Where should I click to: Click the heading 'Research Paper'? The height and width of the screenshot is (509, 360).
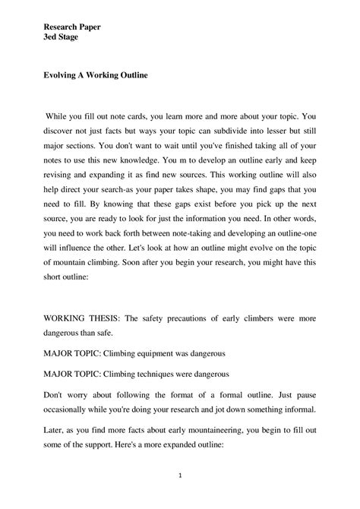[x=72, y=26]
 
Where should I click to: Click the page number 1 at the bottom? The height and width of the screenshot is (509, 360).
[x=179, y=477]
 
